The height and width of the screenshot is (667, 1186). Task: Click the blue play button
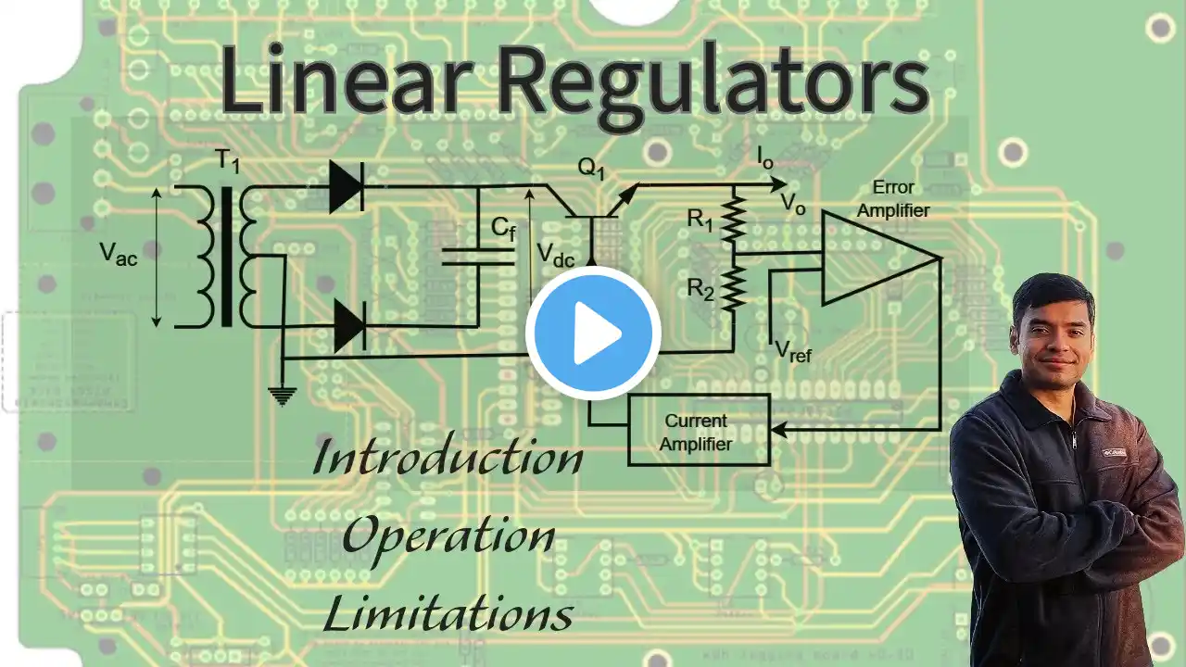pos(593,333)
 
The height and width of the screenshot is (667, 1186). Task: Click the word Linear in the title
pos(346,80)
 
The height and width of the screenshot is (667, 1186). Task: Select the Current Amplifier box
pos(699,431)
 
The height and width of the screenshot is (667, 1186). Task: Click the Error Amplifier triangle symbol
pos(880,258)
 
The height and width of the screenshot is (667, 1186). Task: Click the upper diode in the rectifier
pos(347,186)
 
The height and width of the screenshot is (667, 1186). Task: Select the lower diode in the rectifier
pos(350,327)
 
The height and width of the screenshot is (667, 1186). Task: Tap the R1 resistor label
pos(700,220)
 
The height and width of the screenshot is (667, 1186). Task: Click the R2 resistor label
pos(700,290)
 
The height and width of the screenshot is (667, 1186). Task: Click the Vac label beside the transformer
pos(119,254)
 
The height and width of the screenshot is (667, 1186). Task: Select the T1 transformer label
pos(228,161)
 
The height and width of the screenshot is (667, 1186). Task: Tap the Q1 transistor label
pos(591,169)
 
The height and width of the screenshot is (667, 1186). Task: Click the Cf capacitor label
pos(503,229)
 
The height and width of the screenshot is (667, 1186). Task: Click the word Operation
pos(449,540)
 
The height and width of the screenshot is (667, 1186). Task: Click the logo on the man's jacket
pos(1115,453)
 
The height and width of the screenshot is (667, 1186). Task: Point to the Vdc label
pos(555,255)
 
